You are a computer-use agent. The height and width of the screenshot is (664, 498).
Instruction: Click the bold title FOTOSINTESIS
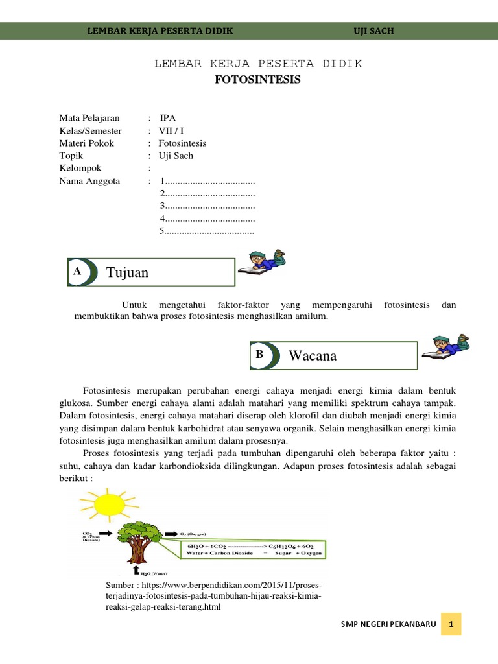pos(258,80)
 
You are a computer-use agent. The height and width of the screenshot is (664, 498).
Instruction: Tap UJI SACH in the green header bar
pos(373,30)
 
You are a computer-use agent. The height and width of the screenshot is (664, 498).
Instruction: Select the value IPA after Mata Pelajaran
pos(167,118)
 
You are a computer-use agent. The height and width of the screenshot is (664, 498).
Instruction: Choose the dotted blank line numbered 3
pos(207,206)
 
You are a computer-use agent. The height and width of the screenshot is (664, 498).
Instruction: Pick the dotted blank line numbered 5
pos(207,230)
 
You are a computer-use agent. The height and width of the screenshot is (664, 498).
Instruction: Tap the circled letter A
pos(78,272)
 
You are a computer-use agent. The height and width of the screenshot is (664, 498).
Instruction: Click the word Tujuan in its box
pos(128,272)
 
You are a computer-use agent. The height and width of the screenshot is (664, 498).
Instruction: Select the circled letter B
pos(259,355)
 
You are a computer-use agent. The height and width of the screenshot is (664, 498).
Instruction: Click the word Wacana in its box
pos(313,355)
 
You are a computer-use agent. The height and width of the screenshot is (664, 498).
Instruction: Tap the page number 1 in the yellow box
pos(451,625)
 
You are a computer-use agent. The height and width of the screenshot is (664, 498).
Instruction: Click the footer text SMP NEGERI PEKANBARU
pos(388,625)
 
